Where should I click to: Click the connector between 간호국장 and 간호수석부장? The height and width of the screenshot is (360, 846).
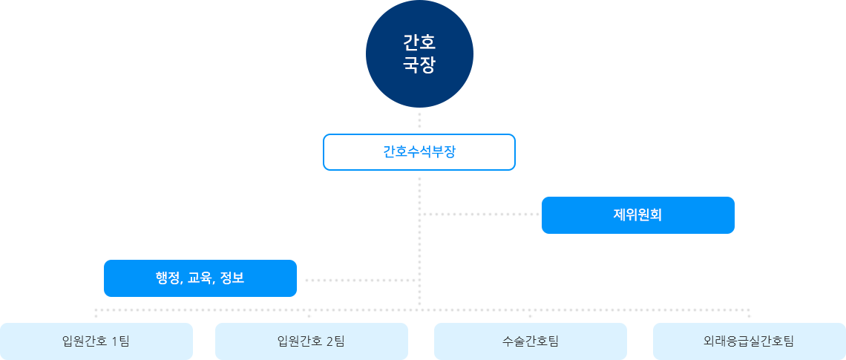point(419,120)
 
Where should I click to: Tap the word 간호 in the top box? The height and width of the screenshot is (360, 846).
point(419,42)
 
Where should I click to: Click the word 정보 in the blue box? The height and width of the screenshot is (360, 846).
point(232,278)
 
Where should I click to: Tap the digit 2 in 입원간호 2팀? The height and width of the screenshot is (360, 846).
point(329,341)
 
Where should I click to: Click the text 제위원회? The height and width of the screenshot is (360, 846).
point(637,215)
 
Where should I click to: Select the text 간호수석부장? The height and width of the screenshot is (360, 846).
point(419,152)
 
